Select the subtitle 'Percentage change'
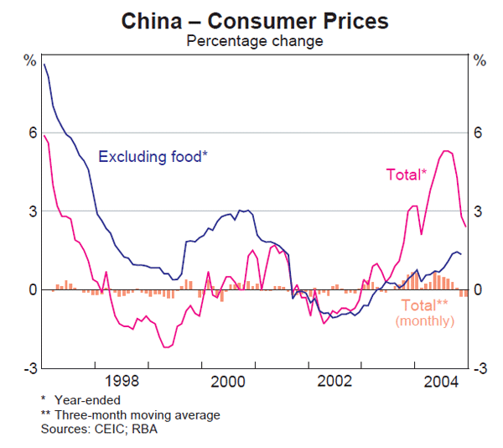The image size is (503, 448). coord(255,40)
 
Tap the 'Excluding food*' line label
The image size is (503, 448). coord(153,156)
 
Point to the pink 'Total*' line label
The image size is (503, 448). coord(407,175)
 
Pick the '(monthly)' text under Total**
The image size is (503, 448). coord(424,320)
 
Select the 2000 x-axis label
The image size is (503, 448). coord(227,380)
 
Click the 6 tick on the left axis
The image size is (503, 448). coord(33,133)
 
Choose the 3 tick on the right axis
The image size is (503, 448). coord(479,211)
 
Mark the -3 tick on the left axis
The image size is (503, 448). coord(30,368)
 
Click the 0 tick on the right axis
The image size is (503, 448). coord(479,290)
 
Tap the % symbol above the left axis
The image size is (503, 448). coord(30,60)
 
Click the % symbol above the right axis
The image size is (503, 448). coord(480,60)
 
